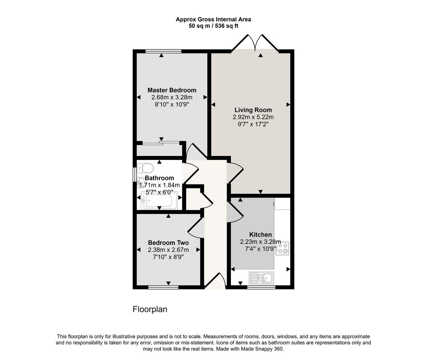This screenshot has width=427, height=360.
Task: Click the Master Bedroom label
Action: pos(172,90)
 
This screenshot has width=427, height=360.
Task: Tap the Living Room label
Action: pos(253,110)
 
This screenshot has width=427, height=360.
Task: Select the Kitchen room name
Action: pos(260,235)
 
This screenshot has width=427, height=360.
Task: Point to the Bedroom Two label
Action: pos(168,243)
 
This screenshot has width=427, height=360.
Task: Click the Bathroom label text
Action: pos(159,178)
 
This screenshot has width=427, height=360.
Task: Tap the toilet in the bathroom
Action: pos(145,167)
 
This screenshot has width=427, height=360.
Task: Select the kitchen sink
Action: pos(261,277)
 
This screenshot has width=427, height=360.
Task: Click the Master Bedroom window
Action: pos(163,51)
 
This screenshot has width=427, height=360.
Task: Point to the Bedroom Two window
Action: pos(163,287)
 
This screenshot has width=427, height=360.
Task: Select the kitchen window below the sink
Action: pos(261,287)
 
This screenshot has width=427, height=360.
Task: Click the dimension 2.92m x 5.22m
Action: pos(253,117)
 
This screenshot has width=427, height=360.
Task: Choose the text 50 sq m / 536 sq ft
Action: pos(213,26)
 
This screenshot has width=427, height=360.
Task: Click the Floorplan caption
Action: pos(150,309)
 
